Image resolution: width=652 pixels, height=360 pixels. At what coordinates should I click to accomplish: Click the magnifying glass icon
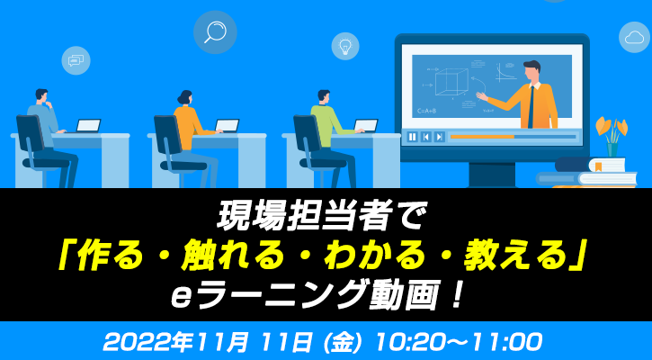(x=215, y=32)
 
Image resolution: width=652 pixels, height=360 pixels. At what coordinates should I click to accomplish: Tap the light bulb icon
(x=345, y=46)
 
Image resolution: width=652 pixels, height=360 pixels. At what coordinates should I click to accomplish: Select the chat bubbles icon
(x=76, y=61)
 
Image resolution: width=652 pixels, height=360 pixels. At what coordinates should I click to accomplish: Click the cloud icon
(x=634, y=38)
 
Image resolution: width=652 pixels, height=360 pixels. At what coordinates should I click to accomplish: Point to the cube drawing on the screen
(x=451, y=81)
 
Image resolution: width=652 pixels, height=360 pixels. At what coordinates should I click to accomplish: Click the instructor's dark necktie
(x=531, y=107)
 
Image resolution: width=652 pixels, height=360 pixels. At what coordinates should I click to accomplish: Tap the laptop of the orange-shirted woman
(x=227, y=126)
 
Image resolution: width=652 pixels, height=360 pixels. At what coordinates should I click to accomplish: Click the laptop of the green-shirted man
(x=365, y=126)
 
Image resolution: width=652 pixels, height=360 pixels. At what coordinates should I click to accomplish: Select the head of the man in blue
(x=42, y=96)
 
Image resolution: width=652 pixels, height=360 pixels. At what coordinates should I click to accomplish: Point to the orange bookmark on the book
(x=598, y=167)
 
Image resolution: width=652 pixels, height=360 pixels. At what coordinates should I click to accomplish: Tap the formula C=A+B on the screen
(x=426, y=111)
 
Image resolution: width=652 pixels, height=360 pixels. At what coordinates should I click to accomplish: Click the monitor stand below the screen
(x=492, y=174)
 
